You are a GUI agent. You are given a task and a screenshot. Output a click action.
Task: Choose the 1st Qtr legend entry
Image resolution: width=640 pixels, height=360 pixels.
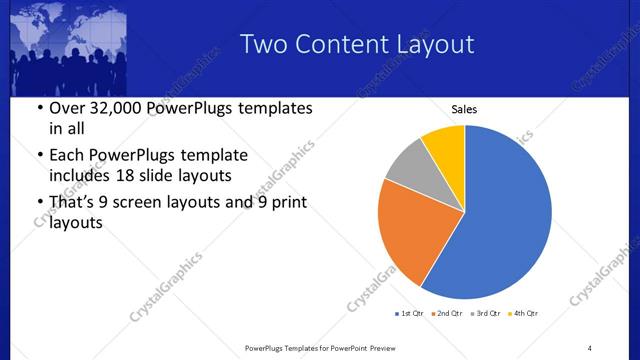tap(410, 314)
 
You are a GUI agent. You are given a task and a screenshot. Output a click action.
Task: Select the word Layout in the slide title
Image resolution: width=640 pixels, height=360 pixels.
tap(431, 44)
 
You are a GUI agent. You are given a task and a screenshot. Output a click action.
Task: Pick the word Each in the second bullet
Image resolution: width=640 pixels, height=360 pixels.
tap(66, 155)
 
